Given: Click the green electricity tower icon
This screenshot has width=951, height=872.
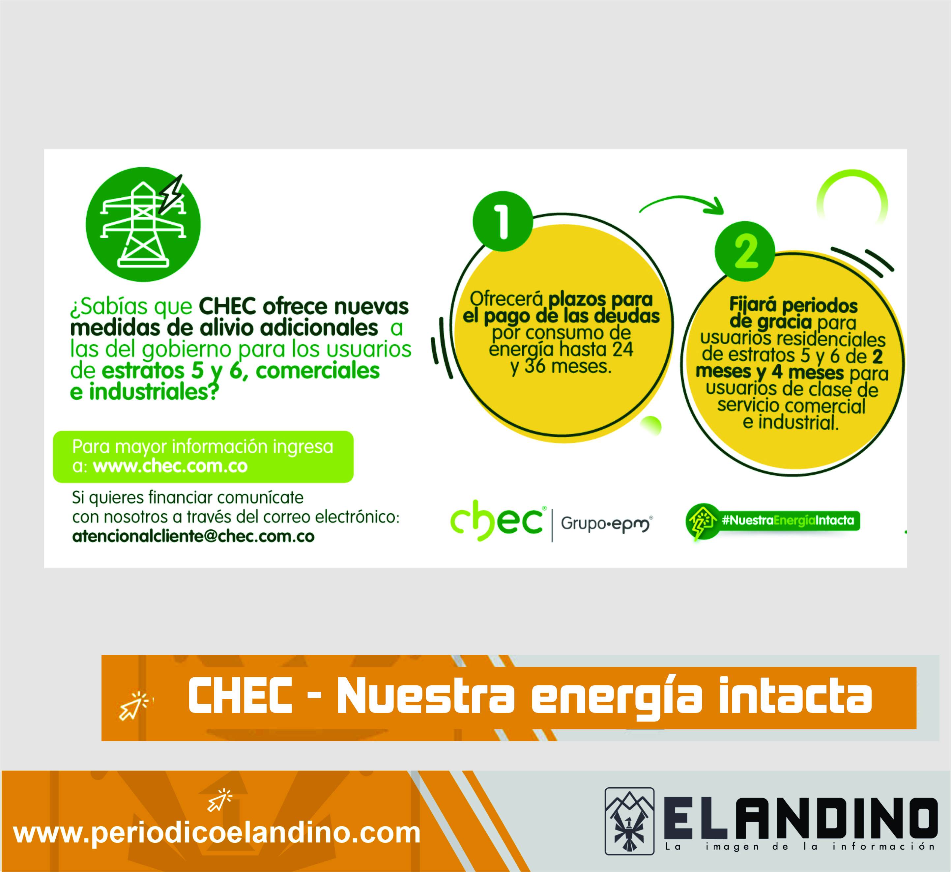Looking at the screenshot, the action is coord(143,225).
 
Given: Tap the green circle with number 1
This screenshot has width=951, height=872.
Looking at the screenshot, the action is coord(503,221).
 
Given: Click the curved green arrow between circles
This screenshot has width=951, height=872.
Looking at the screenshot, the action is coord(681,200).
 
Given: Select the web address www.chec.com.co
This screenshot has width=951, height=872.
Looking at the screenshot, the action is coord(170,466).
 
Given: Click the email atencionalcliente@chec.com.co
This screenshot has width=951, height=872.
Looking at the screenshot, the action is coord(193,537).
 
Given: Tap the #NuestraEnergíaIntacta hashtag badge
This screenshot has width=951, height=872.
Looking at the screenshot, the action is coord(773,521).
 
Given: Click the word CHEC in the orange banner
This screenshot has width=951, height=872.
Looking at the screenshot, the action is coord(240,695).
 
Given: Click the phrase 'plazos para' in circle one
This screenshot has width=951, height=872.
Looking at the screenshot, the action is coord(600,299).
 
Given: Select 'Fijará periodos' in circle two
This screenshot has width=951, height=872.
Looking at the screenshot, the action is coord(793,305).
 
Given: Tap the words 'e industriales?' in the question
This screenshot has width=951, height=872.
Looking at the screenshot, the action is coord(144,392).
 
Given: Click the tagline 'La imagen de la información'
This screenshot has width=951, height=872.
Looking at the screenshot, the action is coord(800,847).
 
